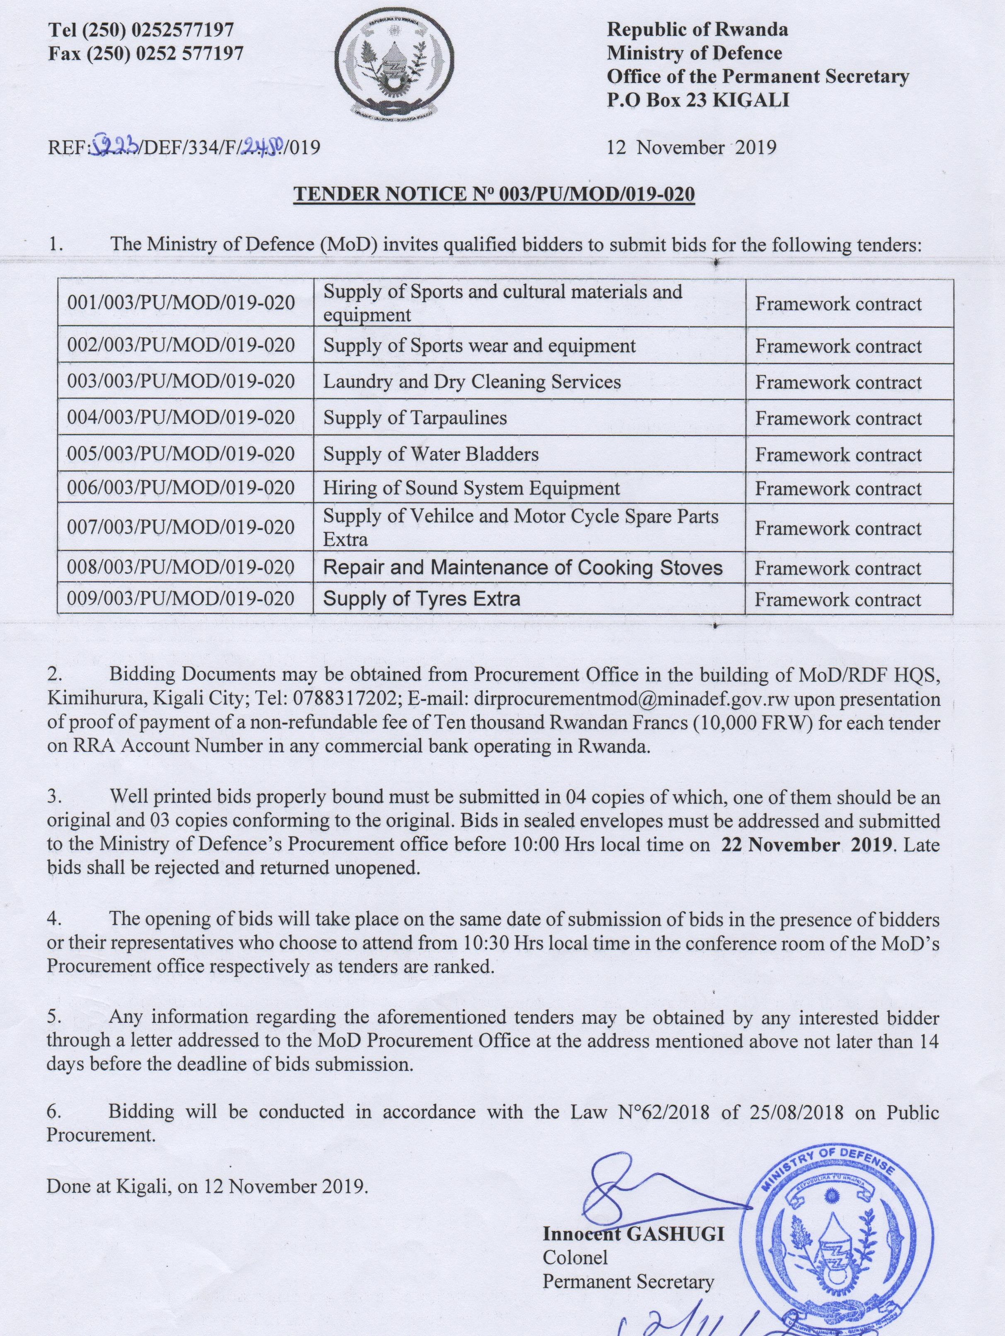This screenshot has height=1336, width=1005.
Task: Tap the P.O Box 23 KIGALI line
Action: point(698,100)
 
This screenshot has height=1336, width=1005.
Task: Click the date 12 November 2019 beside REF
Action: point(692,147)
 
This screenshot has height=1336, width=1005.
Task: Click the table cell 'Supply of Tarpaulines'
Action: point(415,418)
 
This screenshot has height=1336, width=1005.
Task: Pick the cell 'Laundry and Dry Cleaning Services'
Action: point(472,382)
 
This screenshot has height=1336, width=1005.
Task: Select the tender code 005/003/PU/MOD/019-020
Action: point(181,454)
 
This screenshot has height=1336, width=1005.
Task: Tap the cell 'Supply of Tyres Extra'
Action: point(422,599)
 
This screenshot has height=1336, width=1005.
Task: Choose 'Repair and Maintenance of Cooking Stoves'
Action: point(523,568)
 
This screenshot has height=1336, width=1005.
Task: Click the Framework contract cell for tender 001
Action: point(838,303)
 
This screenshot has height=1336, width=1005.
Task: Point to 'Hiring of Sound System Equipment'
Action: point(471,488)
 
